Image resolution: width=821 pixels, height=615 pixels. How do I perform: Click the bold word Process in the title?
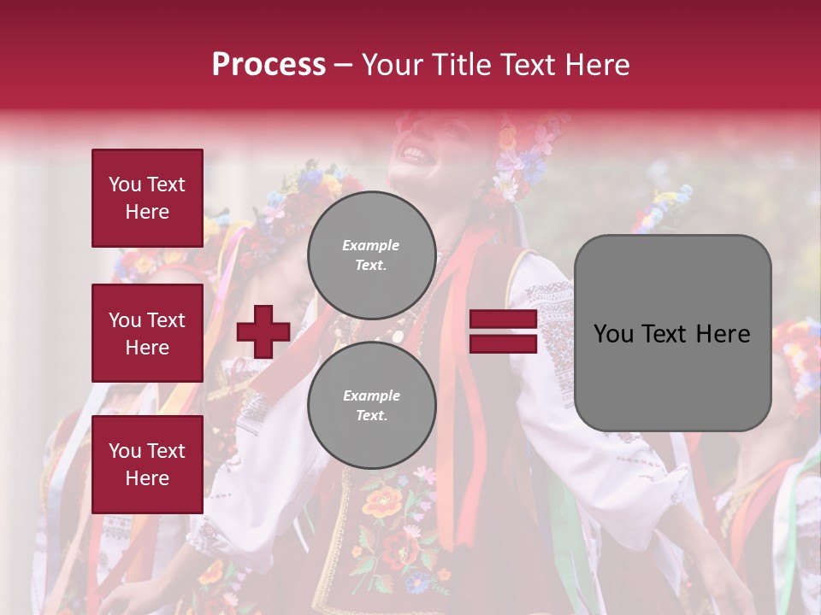tap(269, 65)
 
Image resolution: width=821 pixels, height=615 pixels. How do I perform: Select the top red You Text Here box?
tap(147, 198)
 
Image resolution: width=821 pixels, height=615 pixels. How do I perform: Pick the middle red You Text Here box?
tap(147, 333)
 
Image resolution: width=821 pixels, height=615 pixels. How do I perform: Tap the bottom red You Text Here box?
tap(147, 464)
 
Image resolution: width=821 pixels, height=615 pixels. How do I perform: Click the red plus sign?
tap(263, 331)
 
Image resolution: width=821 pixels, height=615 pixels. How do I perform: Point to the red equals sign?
tap(503, 331)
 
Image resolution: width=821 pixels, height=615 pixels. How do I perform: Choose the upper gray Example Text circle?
tap(371, 255)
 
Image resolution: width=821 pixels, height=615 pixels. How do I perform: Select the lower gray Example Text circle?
tap(371, 405)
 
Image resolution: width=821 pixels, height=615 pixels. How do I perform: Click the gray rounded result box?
tap(672, 332)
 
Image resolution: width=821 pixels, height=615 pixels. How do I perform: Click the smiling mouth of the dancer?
tap(413, 155)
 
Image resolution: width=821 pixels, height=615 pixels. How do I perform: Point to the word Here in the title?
tap(596, 65)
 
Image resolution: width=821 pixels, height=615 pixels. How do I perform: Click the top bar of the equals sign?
tap(503, 319)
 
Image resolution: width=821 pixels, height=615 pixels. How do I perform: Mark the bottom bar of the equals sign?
tap(503, 343)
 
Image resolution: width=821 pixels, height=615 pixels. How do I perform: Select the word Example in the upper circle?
tap(370, 245)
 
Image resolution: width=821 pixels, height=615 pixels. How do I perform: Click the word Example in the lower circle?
tap(371, 395)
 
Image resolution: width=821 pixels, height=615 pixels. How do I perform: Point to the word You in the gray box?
tap(613, 333)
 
